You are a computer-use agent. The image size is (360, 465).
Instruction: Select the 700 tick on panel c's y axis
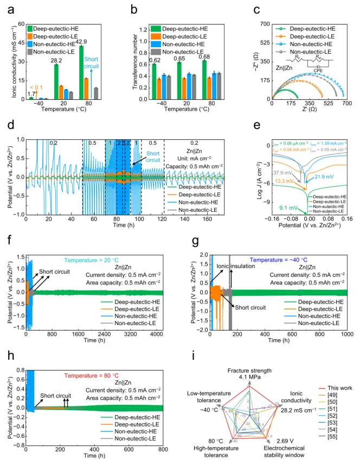pyautogui.click(x=264, y=24)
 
